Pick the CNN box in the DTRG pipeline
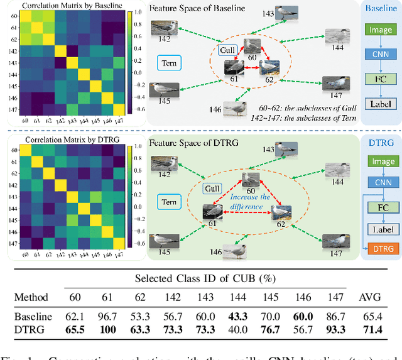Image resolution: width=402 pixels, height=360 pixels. pyautogui.click(x=381, y=182)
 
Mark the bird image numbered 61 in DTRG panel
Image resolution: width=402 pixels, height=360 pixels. pyautogui.click(x=212, y=212)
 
